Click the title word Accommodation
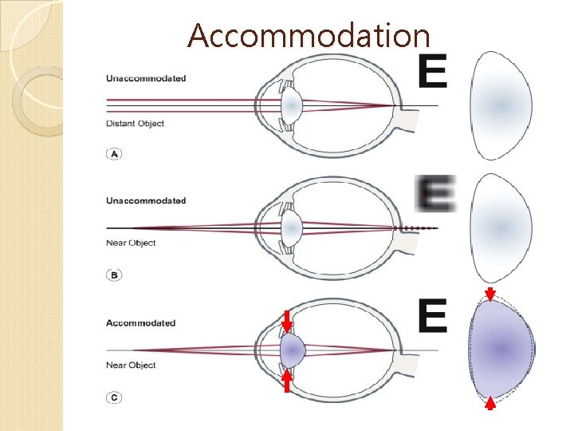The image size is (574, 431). pos(309,35)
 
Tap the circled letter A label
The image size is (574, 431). pos(114,154)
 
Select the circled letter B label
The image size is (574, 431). pos(114,275)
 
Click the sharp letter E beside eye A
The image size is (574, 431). pos(433,73)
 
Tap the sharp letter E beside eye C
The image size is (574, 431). pos(432,317)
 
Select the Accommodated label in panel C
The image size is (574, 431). pos(140,323)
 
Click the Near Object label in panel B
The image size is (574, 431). pos(131,243)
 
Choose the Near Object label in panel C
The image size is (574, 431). pos(131,366)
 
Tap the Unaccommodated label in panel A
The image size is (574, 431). pos(146,78)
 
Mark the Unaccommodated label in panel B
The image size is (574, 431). pos(146,200)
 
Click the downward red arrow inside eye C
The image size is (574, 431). pos(288,322)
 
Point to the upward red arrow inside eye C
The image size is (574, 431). pos(288,379)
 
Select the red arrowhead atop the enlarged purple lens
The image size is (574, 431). pos(490,293)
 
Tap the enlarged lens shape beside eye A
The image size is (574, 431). pos(501,105)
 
